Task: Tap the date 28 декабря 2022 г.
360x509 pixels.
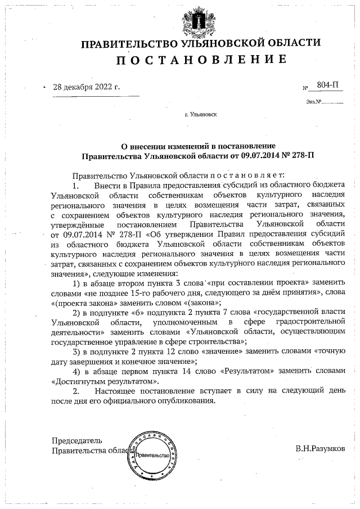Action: click(x=87, y=88)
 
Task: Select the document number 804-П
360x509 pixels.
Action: click(x=328, y=85)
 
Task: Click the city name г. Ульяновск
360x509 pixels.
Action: click(x=201, y=114)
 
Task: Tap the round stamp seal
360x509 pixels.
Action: click(x=155, y=453)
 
